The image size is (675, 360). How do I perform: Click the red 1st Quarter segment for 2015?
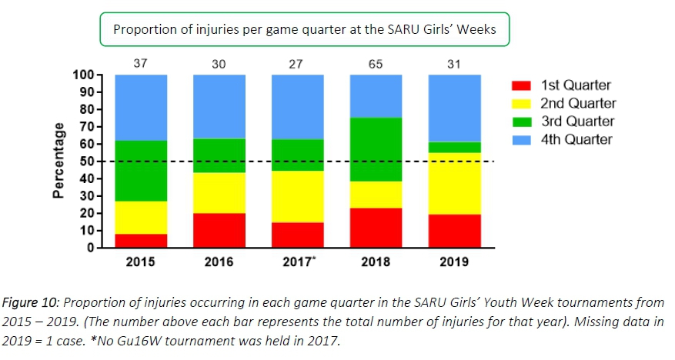coord(141,241)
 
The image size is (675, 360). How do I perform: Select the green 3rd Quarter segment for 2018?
coord(376,149)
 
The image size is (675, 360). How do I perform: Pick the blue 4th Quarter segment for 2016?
coord(219,106)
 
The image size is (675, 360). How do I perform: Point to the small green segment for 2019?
coord(454,147)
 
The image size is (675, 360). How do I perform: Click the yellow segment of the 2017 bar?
coord(297,196)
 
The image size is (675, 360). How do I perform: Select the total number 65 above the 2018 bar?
coord(376,64)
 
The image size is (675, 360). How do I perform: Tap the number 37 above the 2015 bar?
coord(140,64)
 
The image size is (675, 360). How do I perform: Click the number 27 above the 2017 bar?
coord(297,64)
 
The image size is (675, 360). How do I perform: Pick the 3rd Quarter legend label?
coord(576,122)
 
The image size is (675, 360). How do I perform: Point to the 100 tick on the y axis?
coord(82,75)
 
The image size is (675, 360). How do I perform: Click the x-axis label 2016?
coord(219,262)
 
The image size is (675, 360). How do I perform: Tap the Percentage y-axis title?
coord(58,162)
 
